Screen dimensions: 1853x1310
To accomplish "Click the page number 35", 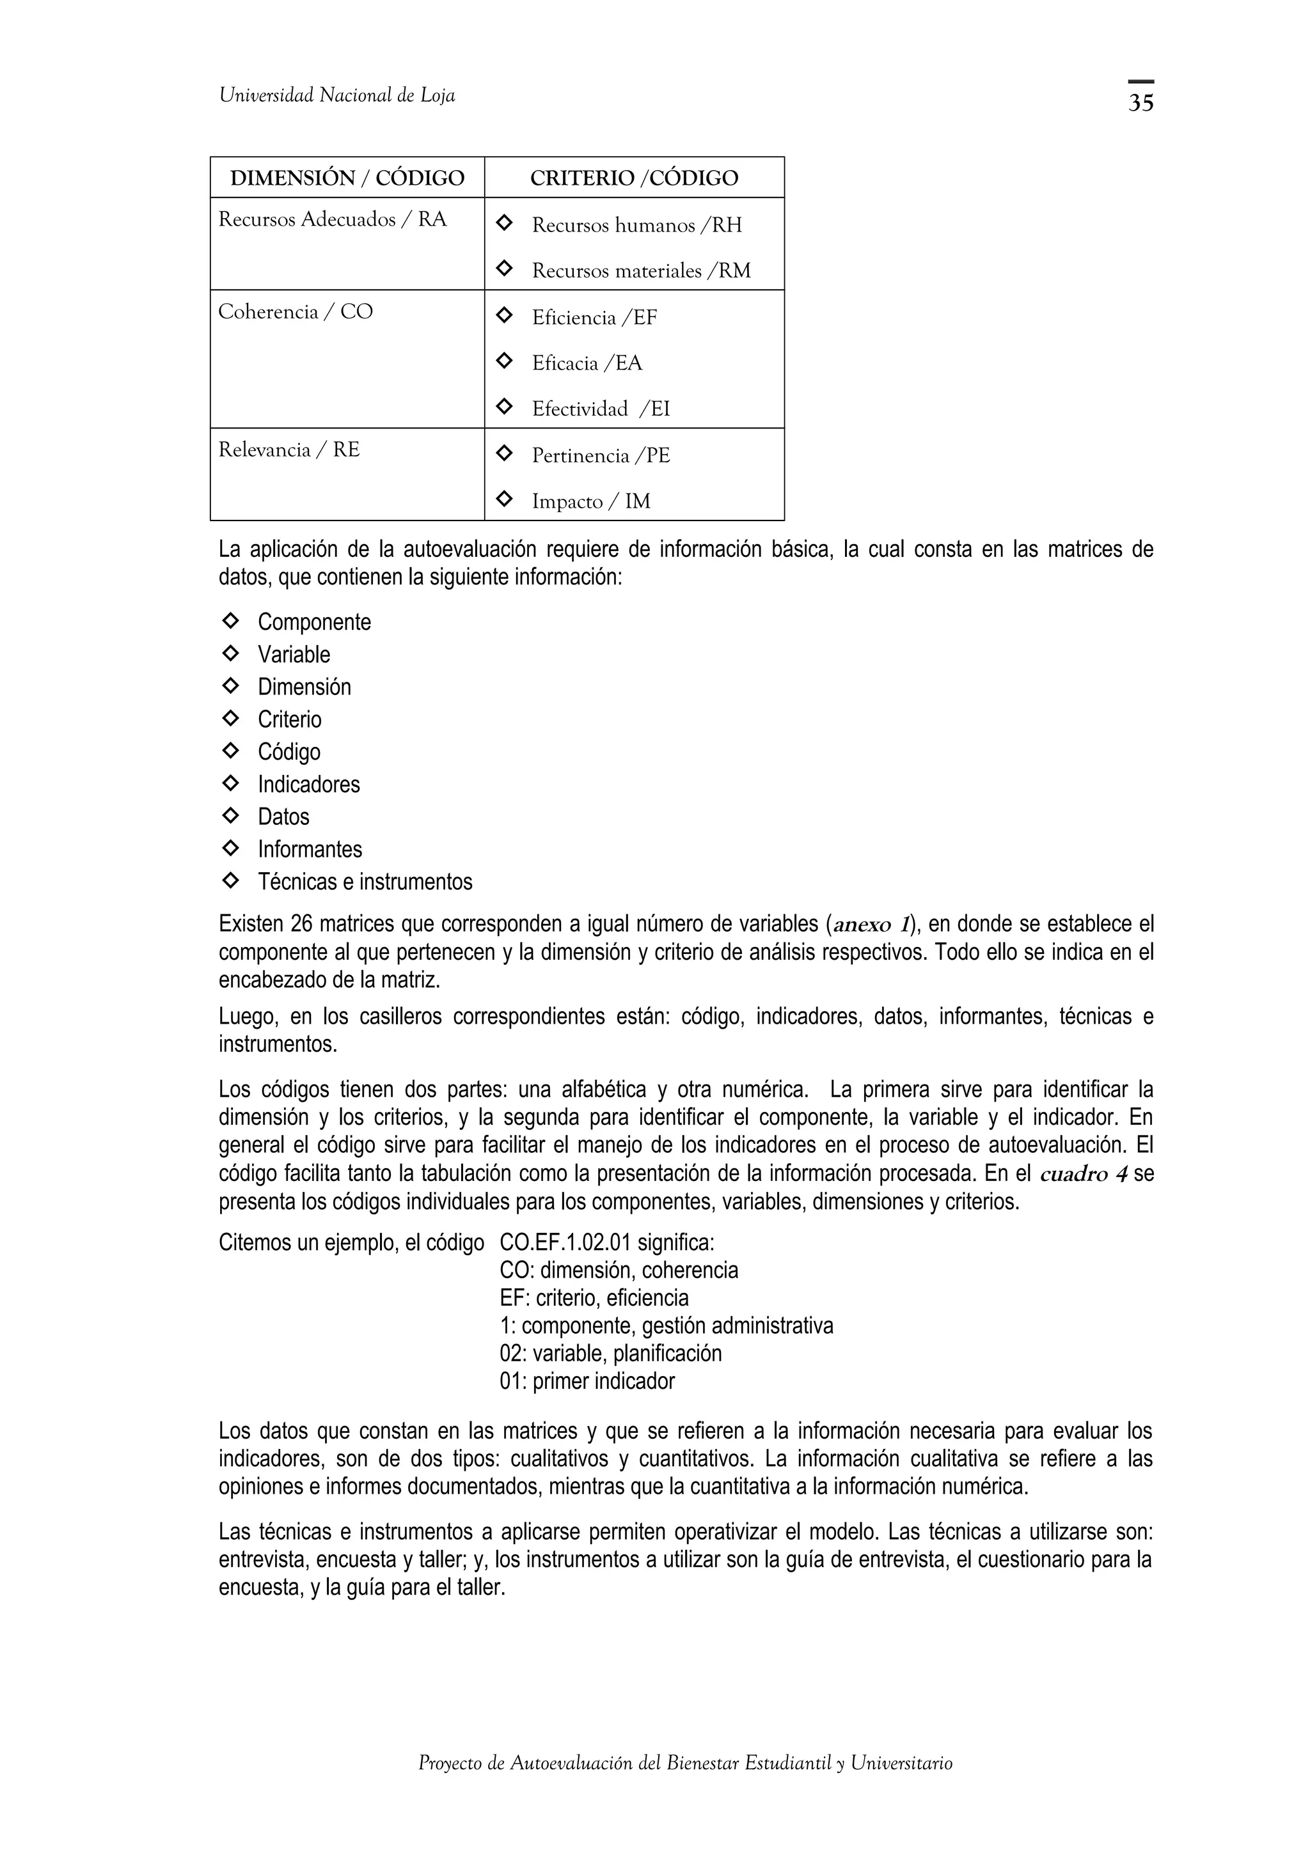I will coord(1140,102).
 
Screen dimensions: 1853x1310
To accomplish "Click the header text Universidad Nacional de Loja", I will coord(336,96).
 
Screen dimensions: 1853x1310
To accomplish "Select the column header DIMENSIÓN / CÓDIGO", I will coord(347,178).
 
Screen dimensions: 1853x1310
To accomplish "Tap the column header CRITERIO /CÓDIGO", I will coord(634,178).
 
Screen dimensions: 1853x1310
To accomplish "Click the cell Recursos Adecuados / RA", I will coord(332,219).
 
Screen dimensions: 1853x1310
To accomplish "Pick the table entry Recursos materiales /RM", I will coord(641,270).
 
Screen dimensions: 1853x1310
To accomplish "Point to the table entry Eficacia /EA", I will coord(587,363).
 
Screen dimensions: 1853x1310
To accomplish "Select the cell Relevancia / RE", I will coord(289,450).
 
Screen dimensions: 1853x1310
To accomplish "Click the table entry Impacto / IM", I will coord(591,501).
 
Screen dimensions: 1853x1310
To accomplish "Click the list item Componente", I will coord(314,622).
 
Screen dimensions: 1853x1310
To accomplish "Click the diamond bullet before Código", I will coord(230,751).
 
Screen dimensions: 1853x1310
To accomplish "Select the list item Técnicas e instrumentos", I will coord(365,881).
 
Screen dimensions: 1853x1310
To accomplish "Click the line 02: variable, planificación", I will coord(610,1354).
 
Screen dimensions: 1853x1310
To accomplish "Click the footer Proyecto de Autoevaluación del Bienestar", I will coord(684,1785).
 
